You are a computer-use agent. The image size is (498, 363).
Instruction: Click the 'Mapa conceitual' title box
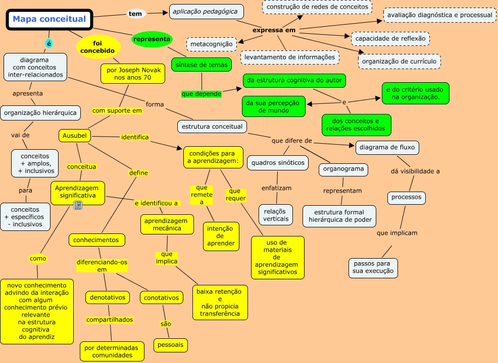pos(49,19)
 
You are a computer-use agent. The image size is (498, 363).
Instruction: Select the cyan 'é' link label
pos(48,43)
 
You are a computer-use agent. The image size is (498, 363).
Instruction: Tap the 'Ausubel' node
pos(75,136)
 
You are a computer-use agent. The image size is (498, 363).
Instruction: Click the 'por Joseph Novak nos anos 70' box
pos(133,74)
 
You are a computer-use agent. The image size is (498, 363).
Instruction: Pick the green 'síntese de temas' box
pos(202,65)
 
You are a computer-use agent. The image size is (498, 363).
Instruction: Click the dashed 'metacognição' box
pos(212,44)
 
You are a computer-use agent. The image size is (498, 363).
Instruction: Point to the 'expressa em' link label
pos(274,30)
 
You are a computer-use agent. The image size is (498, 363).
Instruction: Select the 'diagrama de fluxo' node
pos(387,147)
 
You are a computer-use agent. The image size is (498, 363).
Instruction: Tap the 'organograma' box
pos(343,169)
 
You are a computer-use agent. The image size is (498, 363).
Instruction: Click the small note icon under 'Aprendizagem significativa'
pos(78,205)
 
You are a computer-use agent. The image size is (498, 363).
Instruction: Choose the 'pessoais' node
pos(171,345)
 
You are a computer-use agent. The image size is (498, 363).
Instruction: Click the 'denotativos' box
pos(108,297)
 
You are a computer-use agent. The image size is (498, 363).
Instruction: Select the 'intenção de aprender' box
pos(221,236)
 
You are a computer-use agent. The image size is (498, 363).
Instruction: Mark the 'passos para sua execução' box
pos(373,268)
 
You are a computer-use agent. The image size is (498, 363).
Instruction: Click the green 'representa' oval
pos(152,39)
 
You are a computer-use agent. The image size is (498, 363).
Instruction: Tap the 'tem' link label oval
pos(136,14)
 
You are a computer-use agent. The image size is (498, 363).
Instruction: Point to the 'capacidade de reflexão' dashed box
pos(390,39)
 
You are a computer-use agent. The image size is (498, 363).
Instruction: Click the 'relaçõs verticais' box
pos(276,215)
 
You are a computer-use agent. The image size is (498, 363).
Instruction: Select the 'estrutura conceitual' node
pos(212,127)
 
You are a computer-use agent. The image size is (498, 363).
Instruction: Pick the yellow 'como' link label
pos(38,258)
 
